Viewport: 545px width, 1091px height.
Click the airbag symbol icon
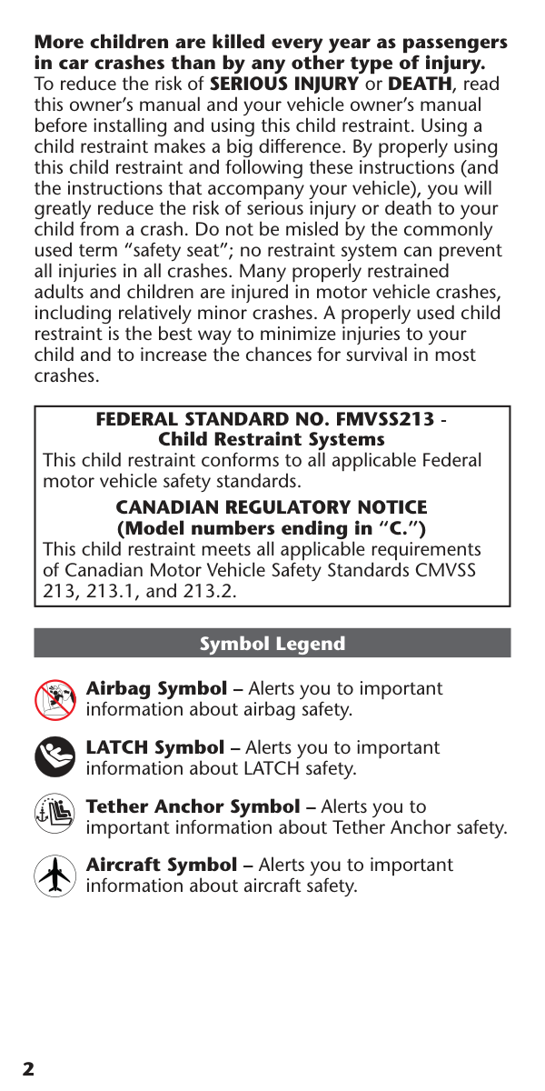click(x=54, y=699)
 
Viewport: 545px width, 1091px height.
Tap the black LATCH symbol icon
click(x=54, y=757)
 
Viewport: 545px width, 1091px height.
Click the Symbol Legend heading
click(x=272, y=644)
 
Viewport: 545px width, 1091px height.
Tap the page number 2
click(x=28, y=1068)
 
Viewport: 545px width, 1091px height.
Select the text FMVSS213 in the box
click(x=384, y=421)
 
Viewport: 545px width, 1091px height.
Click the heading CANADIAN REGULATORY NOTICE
click(x=272, y=507)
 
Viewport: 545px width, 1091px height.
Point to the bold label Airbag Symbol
click(x=156, y=688)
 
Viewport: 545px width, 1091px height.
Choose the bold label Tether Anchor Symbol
click(x=192, y=806)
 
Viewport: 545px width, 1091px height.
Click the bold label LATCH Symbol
click(x=154, y=747)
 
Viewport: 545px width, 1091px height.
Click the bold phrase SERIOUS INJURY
click(x=284, y=85)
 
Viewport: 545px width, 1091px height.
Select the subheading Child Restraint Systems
click(x=272, y=440)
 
